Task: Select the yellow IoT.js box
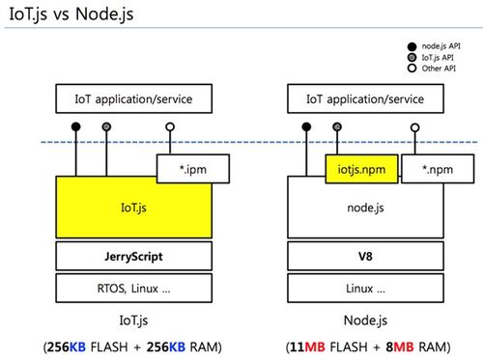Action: click(x=133, y=208)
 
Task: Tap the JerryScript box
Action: click(x=133, y=257)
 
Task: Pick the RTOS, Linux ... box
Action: click(x=133, y=288)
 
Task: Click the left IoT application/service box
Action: click(x=133, y=99)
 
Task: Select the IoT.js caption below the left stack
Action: click(x=133, y=318)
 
